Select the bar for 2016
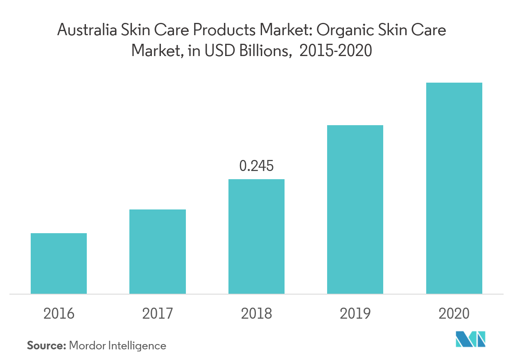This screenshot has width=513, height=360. [59, 263]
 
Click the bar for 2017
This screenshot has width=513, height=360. [158, 252]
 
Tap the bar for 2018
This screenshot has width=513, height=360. [256, 236]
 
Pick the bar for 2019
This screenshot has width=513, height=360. [355, 209]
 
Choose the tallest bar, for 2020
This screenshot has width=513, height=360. [454, 188]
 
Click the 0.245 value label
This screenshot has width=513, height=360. [256, 166]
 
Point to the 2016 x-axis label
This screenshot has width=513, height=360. [59, 314]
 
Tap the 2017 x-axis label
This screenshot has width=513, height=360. [158, 314]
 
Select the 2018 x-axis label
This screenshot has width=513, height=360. [256, 314]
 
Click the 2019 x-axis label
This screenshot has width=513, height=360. [355, 314]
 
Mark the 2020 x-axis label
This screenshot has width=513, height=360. [454, 314]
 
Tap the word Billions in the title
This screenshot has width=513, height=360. [267, 51]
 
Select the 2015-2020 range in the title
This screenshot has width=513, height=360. [336, 51]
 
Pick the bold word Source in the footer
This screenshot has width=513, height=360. [46, 346]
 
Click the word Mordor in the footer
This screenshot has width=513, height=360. [87, 346]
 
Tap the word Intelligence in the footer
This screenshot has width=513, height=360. [137, 346]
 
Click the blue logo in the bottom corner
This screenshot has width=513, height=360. [470, 339]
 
